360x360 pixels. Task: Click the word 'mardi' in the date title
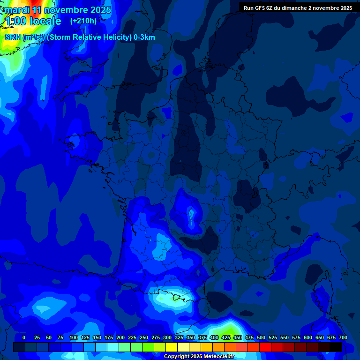pos(16,10)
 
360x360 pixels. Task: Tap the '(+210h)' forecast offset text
pos(83,21)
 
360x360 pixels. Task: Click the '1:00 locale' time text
pos(33,21)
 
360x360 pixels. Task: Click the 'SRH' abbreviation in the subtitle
pos(13,37)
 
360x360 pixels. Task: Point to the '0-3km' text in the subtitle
pos(144,37)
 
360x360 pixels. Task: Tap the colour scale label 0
pos(24,337)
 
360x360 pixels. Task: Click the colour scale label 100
pos(74,337)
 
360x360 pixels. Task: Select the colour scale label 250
pos(144,337)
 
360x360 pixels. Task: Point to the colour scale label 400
pos(214,337)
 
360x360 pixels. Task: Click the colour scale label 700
pos(343,337)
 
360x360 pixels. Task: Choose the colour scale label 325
pos(179,337)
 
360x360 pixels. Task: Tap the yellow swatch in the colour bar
pos(172,347)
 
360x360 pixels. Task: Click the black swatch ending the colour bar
pos(336,347)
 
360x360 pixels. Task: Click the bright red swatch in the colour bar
pos(265,347)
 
